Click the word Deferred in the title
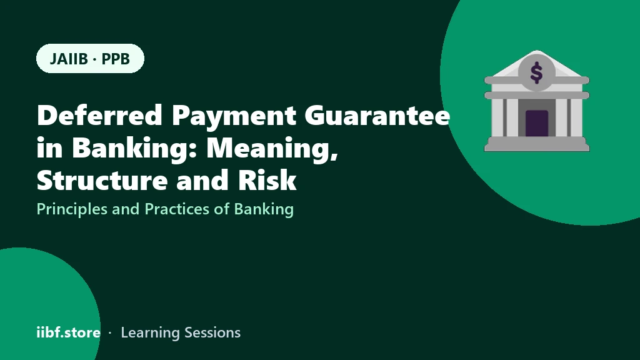[100, 115]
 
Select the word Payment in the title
[234, 116]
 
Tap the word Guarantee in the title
[377, 115]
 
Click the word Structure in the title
[102, 179]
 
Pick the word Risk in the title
[267, 179]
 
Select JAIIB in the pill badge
[69, 59]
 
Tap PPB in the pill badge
[116, 59]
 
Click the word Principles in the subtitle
[72, 209]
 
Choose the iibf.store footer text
[68, 332]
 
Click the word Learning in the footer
[150, 333]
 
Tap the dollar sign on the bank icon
[536, 72]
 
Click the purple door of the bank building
[536, 123]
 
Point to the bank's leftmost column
[498, 117]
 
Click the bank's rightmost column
[575, 117]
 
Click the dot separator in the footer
[110, 333]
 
